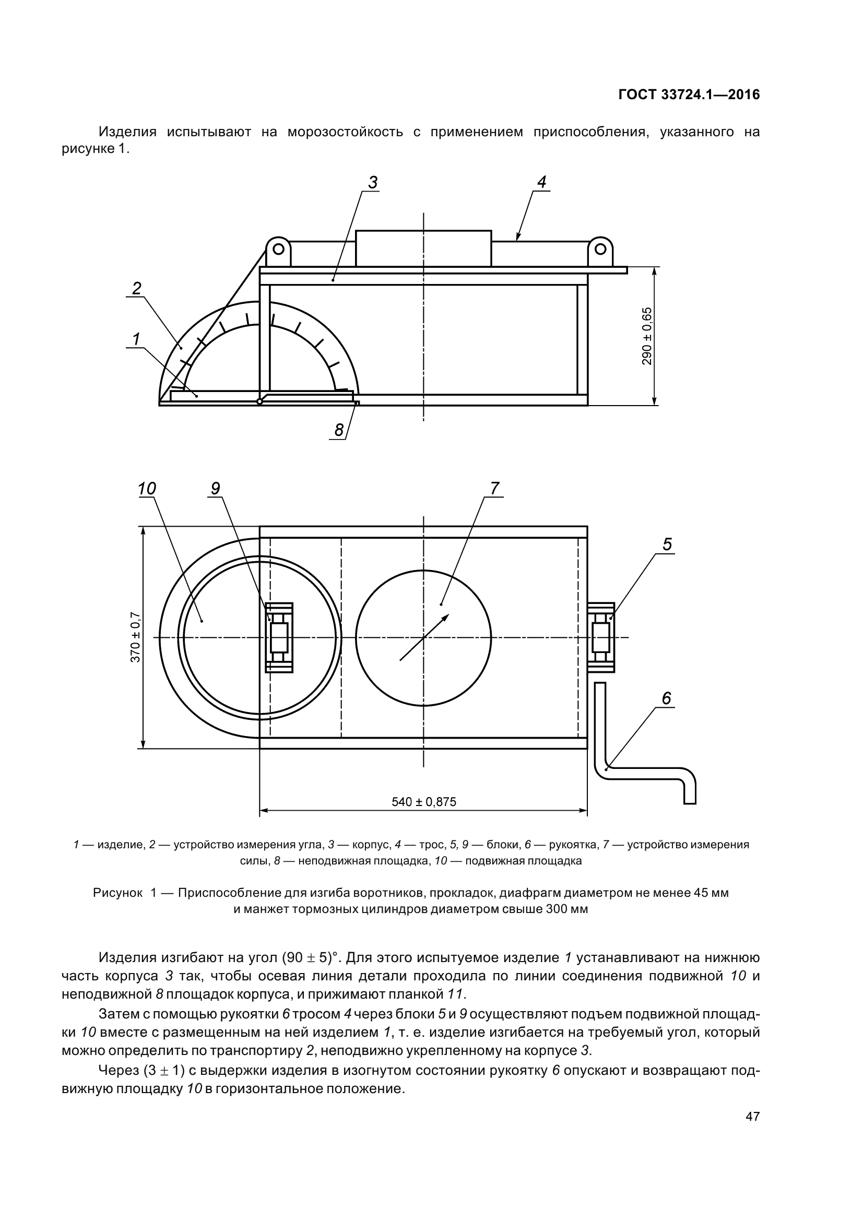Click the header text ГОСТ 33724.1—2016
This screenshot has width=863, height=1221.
[689, 95]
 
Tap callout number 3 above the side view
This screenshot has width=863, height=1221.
[373, 182]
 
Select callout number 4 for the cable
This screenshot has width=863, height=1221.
[541, 182]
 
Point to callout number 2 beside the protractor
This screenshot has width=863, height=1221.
[137, 289]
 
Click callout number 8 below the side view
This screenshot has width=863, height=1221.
[339, 430]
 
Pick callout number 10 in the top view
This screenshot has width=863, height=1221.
[147, 489]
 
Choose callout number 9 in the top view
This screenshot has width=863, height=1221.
[215, 488]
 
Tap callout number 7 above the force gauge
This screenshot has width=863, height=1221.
[495, 488]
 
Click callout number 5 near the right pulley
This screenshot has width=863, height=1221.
[667, 544]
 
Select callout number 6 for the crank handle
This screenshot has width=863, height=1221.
[666, 698]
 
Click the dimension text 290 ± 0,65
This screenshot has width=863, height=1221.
[647, 336]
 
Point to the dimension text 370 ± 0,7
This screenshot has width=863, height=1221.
[136, 637]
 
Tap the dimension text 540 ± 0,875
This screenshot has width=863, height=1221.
[424, 801]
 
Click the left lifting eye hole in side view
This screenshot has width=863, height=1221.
[278, 248]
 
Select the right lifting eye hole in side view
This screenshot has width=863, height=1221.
[600, 248]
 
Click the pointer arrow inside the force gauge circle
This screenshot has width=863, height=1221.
[424, 637]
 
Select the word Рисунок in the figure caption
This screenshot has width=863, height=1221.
[117, 893]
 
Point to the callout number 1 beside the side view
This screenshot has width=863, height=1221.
[136, 338]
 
